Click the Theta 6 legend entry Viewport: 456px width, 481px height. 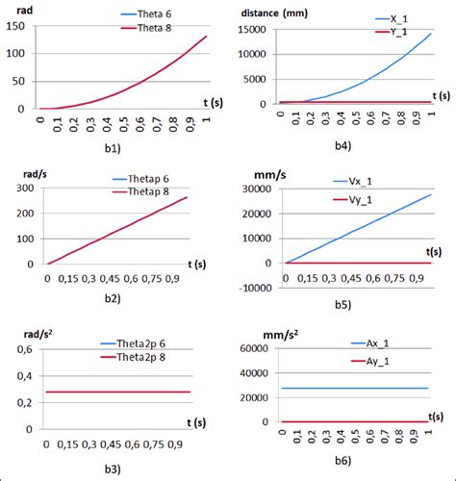coord(150,14)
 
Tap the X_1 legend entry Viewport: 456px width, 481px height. coord(375,18)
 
